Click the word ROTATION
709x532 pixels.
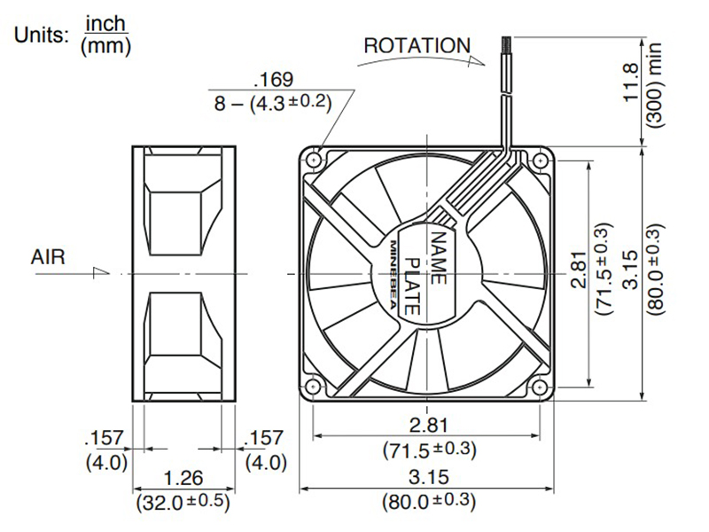pos(417,46)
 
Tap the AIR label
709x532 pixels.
pos(48,257)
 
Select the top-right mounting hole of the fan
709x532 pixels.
pos(541,160)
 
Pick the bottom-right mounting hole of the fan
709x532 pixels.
pos(541,387)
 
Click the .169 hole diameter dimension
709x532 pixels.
pos(274,80)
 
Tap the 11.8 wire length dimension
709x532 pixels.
pos(631,82)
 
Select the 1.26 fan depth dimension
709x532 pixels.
pos(183,478)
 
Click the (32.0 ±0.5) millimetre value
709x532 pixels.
pos(183,502)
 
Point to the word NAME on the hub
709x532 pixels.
pos(438,258)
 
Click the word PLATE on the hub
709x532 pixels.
pos(412,286)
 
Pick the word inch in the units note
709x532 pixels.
pos(105,24)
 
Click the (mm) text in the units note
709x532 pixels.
pos(105,46)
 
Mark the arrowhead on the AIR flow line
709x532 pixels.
pos(101,272)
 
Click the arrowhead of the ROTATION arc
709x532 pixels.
pos(477,61)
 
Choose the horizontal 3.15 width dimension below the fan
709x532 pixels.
pos(428,477)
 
